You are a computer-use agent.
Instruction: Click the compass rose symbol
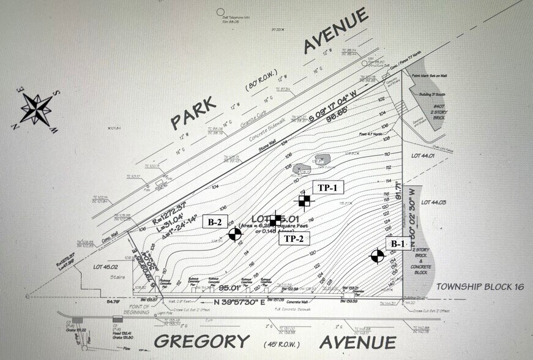(36, 110)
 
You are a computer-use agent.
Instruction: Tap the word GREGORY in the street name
(201, 341)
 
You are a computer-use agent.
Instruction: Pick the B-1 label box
(398, 244)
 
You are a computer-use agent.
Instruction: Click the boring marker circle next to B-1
(378, 257)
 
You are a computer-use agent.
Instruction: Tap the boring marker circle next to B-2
(234, 234)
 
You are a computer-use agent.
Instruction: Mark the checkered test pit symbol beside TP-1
(304, 200)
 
